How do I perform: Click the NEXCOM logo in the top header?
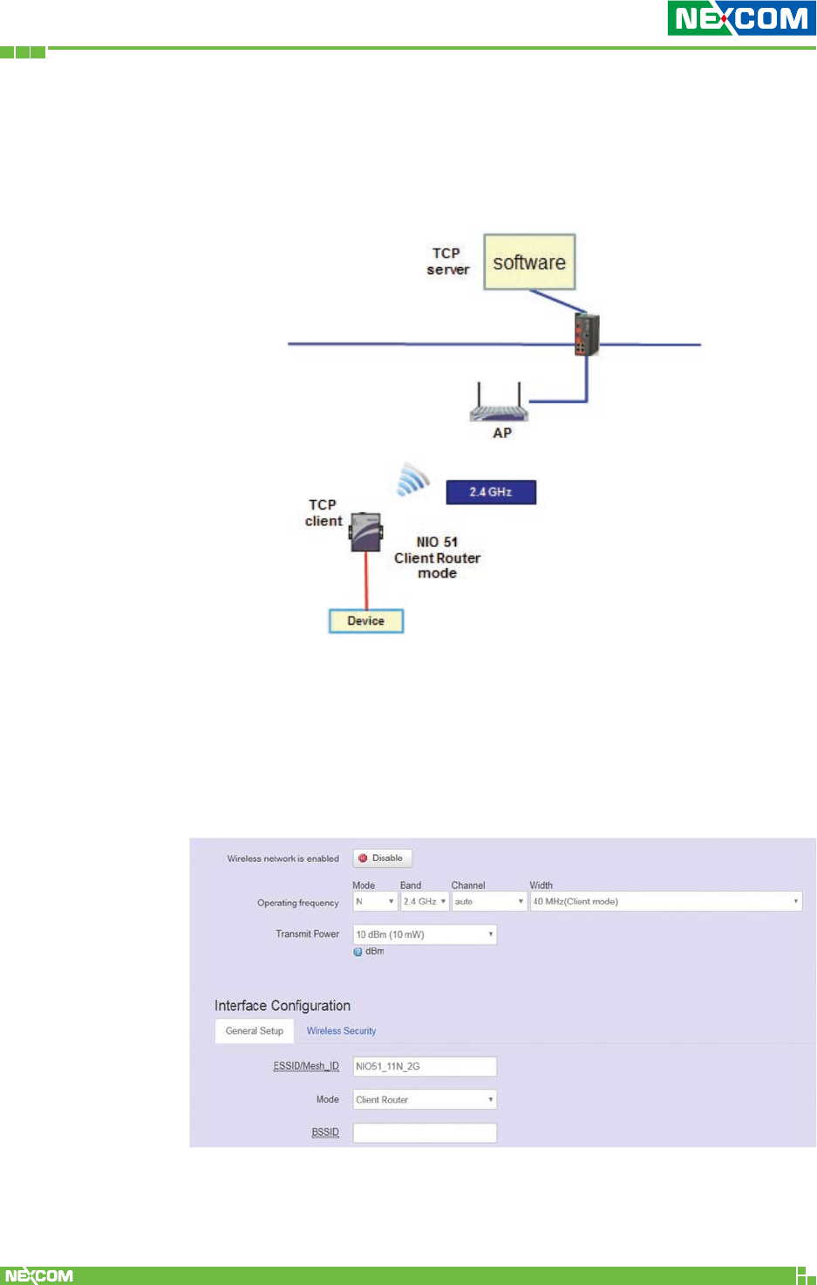point(741,18)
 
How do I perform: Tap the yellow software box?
point(529,262)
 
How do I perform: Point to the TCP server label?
point(447,261)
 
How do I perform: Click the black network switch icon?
point(586,335)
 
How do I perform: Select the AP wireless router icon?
point(499,404)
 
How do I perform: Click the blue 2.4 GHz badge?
point(491,492)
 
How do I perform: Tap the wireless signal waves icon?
point(413,479)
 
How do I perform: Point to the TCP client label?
point(323,513)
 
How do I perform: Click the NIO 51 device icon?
point(366,531)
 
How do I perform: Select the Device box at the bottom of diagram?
point(366,621)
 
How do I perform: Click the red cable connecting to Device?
point(366,580)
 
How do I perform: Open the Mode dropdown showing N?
point(375,901)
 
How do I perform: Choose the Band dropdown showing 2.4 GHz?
point(425,901)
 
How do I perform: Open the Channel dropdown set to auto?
point(489,901)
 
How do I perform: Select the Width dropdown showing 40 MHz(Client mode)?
point(666,901)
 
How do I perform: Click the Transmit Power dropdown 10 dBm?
point(425,934)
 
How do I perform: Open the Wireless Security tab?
point(341,1031)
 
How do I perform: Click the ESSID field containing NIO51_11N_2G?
point(425,1066)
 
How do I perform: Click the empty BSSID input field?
point(425,1132)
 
